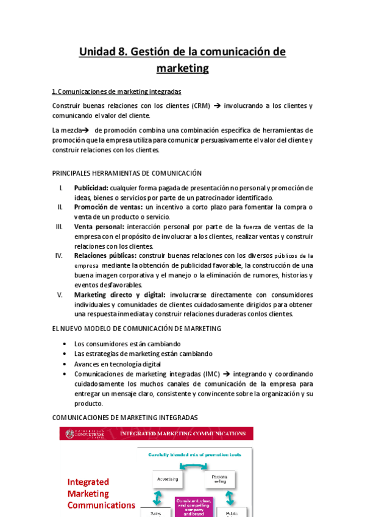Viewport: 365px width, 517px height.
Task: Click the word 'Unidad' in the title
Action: click(97, 52)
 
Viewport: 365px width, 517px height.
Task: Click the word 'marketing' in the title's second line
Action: click(182, 68)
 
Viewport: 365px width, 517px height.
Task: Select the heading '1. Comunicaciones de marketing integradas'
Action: click(116, 91)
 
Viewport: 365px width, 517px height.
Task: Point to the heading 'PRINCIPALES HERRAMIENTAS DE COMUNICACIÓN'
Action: click(127, 173)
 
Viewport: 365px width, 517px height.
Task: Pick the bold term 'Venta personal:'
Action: click(95, 226)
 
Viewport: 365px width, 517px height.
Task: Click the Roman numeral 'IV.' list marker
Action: click(59, 255)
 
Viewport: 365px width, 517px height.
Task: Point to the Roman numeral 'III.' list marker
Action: click(59, 226)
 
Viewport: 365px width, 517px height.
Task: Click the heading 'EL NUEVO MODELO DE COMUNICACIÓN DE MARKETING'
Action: click(136, 329)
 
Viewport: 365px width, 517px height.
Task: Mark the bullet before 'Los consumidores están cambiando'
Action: click(65, 344)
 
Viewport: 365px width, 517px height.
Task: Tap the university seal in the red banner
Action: click(68, 433)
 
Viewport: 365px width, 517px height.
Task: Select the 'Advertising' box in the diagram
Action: click(167, 479)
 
